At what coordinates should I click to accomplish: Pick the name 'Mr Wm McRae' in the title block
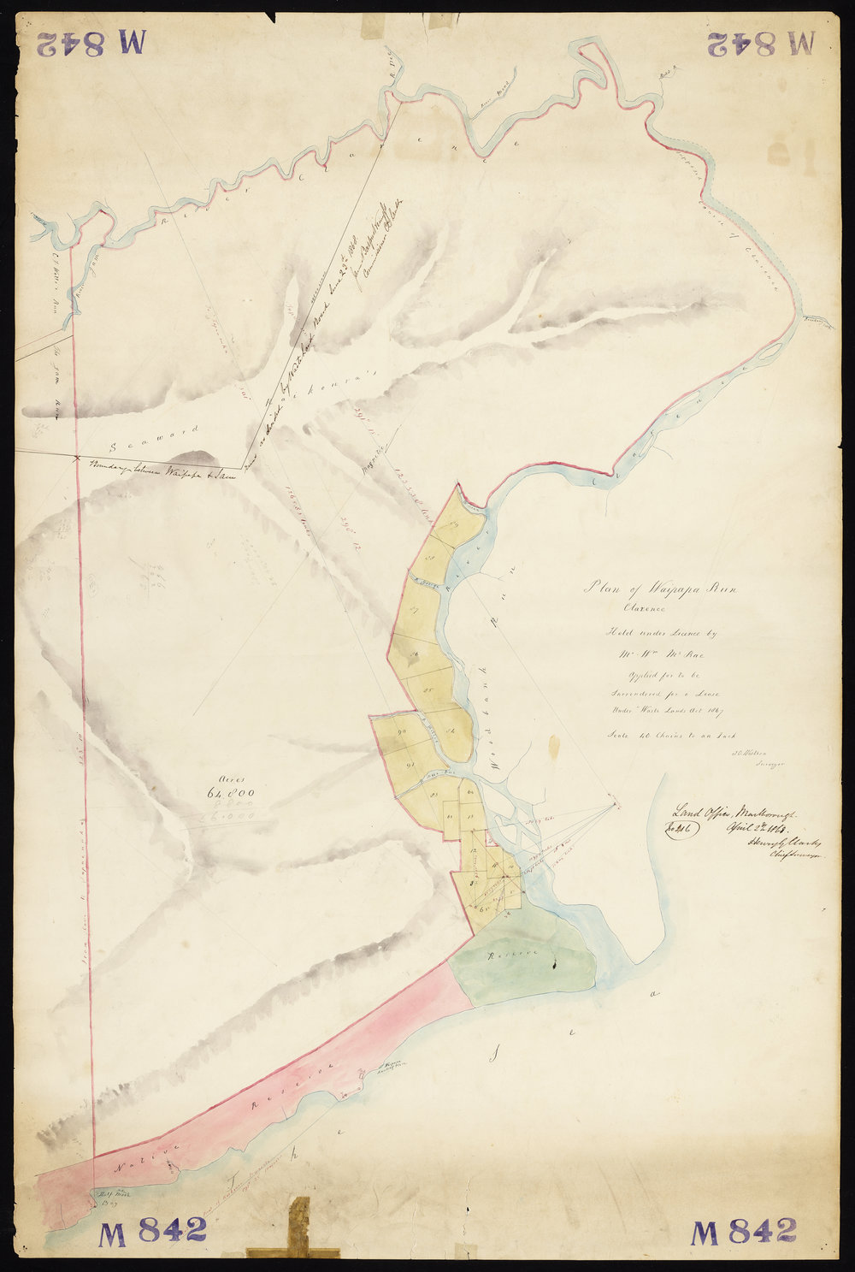[x=660, y=655]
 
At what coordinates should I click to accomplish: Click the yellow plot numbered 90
[x=403, y=732]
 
